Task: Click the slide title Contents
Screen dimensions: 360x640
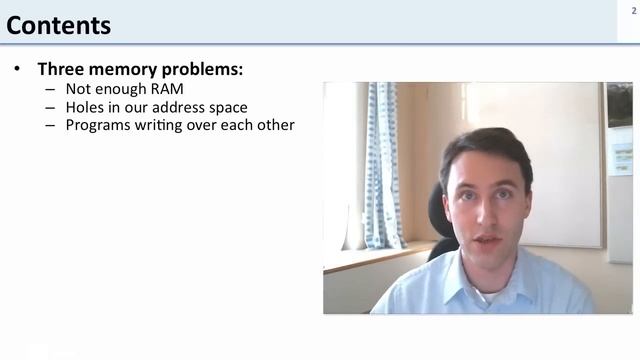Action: (59, 24)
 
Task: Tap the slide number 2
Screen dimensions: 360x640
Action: (633, 9)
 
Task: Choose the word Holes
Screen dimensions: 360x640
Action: (86, 107)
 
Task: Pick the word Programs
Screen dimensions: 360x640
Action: (101, 125)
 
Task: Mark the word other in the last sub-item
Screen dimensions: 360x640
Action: (274, 125)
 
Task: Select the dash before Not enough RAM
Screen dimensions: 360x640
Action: (50, 89)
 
